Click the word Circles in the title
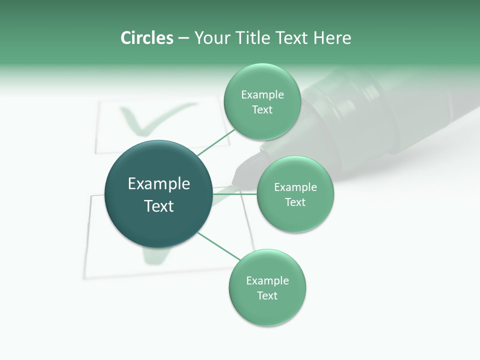(x=146, y=38)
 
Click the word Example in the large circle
(x=159, y=184)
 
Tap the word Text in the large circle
(x=159, y=206)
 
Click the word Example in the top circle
(x=262, y=95)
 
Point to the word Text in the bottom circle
(x=267, y=295)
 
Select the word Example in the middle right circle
(x=295, y=187)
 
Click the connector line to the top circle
(x=216, y=141)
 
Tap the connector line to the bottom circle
(x=219, y=246)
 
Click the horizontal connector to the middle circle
(x=235, y=194)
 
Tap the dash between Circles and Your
(x=183, y=38)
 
